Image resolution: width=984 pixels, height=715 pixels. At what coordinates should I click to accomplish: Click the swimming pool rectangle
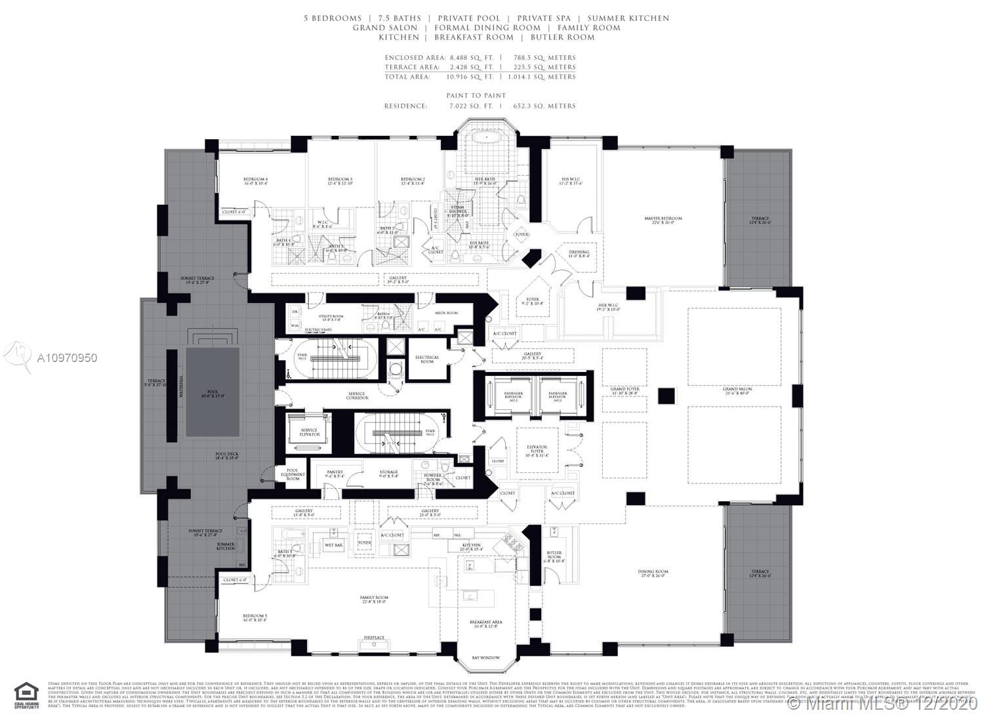[213, 392]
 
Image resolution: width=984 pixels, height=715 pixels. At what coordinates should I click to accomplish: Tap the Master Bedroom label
[663, 221]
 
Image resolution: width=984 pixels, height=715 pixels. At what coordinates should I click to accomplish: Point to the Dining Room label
[653, 574]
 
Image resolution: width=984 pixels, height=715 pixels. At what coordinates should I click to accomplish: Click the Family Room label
[374, 600]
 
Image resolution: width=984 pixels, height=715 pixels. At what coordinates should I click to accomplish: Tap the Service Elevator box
[310, 432]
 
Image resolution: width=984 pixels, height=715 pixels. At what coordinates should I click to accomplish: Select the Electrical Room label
[427, 359]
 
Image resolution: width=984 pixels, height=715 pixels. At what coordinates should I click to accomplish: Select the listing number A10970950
[66, 358]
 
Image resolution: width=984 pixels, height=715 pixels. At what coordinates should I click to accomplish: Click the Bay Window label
[485, 657]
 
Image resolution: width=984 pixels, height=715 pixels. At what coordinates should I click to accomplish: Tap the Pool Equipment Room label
[293, 474]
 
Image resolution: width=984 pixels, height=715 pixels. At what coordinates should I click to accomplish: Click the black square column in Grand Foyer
[666, 396]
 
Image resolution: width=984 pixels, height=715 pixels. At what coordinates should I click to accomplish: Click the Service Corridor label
[358, 396]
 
